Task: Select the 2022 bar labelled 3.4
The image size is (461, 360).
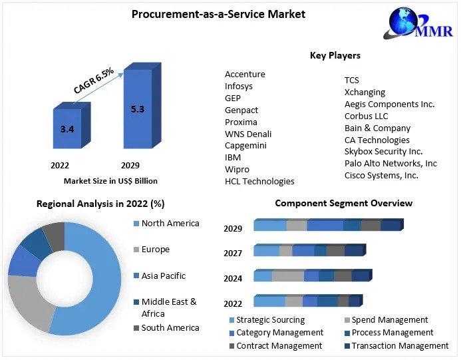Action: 67,128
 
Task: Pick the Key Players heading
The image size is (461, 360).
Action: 335,55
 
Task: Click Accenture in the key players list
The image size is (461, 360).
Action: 245,74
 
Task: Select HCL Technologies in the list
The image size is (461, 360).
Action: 259,181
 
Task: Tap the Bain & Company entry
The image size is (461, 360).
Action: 377,128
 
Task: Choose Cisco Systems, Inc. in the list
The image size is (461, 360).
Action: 381,175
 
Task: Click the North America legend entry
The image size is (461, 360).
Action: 170,223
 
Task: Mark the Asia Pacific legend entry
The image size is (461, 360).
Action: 163,275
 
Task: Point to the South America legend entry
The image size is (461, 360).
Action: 170,327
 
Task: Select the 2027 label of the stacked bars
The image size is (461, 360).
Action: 233,253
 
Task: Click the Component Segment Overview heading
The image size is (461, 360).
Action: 343,203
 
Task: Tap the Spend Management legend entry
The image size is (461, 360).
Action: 390,320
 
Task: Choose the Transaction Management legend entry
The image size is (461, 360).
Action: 400,345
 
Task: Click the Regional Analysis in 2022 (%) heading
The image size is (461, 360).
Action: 100,204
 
